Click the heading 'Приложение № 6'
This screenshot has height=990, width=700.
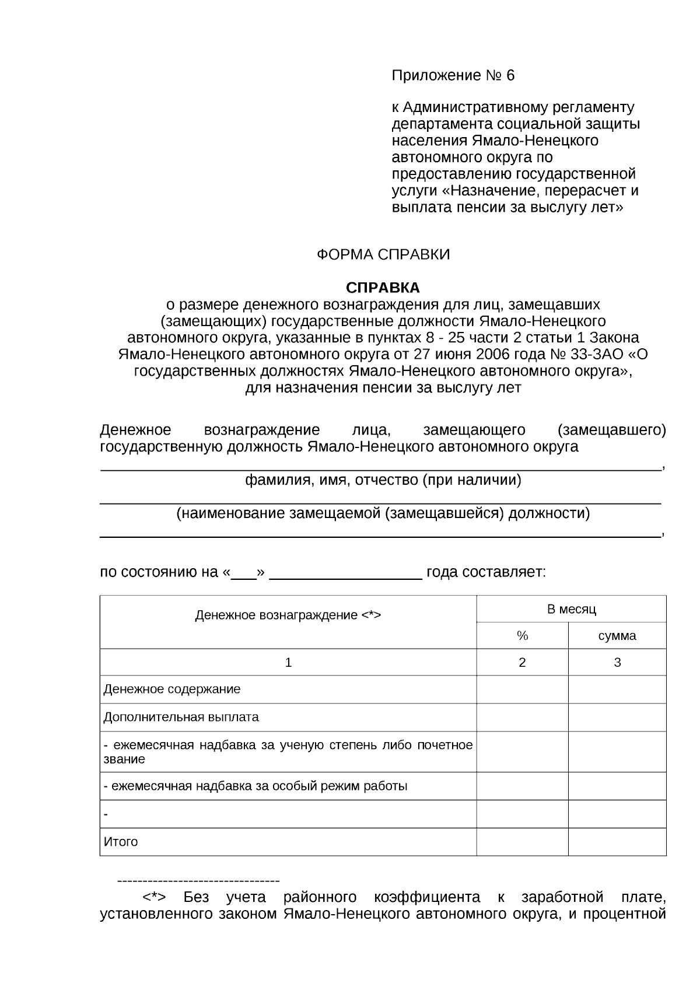click(x=453, y=76)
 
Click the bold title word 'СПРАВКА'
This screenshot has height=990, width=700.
click(x=383, y=288)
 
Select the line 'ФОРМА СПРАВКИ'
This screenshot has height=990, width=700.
click(x=383, y=255)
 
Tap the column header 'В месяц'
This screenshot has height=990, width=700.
click(x=571, y=610)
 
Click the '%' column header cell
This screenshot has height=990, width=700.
click(x=522, y=636)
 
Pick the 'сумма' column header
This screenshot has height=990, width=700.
click(x=617, y=636)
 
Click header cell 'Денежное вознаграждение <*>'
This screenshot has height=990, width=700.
click(x=288, y=615)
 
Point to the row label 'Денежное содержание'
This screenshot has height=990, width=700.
click(x=172, y=690)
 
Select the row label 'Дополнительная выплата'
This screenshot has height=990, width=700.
click(x=181, y=717)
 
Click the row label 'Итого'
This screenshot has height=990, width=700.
click(x=121, y=842)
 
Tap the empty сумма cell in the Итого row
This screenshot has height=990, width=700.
click(x=617, y=842)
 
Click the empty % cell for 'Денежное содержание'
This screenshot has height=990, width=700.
click(x=522, y=690)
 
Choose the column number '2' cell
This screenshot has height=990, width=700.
click(x=522, y=663)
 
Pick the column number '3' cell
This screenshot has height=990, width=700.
click(x=617, y=663)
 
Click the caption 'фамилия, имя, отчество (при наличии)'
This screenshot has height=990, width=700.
click(x=383, y=480)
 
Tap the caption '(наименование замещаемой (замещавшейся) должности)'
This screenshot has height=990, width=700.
click(x=383, y=513)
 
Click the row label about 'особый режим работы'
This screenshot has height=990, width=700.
click(x=256, y=786)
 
